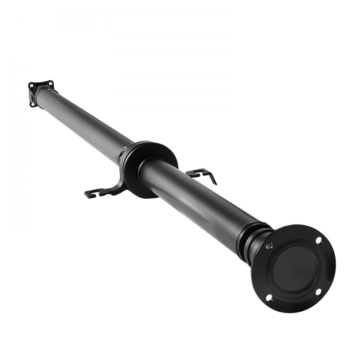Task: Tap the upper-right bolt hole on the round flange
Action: click(319, 240)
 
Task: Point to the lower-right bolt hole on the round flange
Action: click(318, 292)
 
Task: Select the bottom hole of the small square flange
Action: click(33, 104)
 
